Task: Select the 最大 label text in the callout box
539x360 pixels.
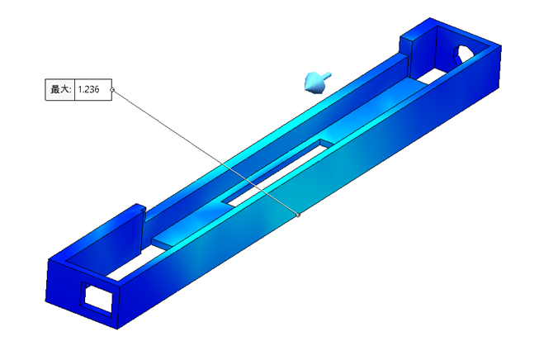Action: pyautogui.click(x=59, y=90)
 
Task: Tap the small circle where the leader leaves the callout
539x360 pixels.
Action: pyautogui.click(x=112, y=90)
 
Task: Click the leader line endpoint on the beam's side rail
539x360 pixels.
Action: pyautogui.click(x=298, y=215)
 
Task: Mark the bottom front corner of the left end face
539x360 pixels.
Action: pyautogui.click(x=116, y=328)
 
